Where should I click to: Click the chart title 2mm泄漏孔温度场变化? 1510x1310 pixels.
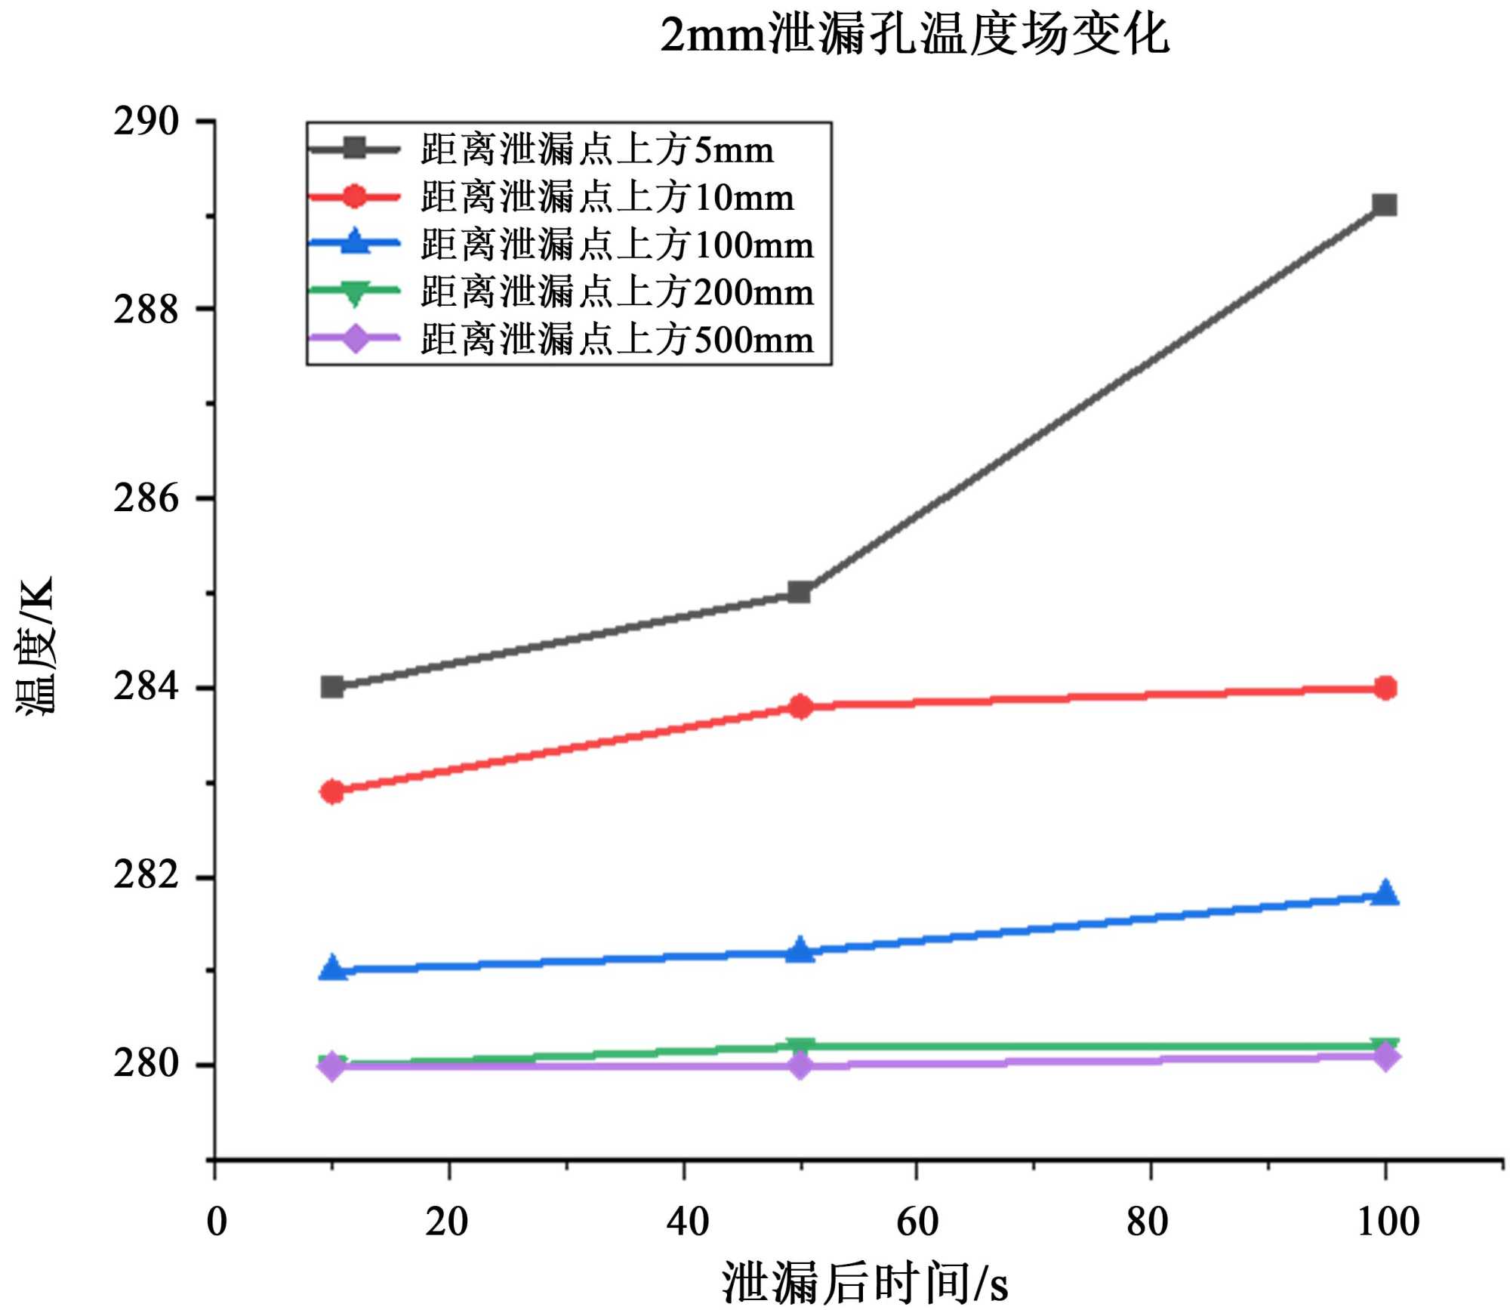pos(914,35)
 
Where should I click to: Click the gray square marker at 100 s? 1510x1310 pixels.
pos(1385,205)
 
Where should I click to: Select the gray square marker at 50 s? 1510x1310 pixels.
pos(800,592)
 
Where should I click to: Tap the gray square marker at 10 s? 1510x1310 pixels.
pos(332,687)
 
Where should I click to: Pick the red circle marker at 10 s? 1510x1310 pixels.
pos(332,791)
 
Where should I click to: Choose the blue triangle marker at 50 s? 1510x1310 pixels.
pos(800,950)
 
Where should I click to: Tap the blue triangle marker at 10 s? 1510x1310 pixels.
pos(332,968)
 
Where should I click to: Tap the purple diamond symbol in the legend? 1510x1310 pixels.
pos(355,339)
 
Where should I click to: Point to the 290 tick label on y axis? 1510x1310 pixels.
pos(146,122)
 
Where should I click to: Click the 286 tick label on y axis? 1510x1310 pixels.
pos(146,498)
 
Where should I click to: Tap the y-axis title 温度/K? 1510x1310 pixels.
pos(35,646)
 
